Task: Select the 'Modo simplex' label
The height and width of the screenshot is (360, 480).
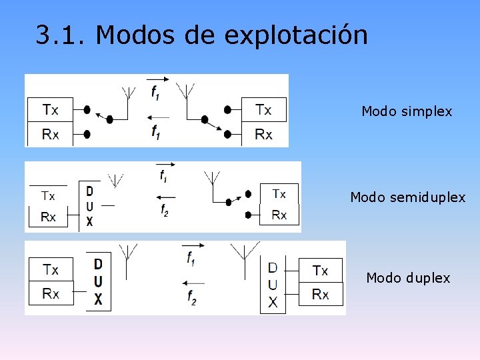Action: click(407, 111)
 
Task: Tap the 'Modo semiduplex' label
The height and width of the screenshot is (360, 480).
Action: click(407, 197)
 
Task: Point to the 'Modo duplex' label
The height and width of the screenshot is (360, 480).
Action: click(408, 277)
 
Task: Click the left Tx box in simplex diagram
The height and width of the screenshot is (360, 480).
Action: click(51, 109)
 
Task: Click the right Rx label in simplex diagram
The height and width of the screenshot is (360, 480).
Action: click(263, 135)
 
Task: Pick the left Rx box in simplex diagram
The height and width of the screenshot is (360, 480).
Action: click(51, 134)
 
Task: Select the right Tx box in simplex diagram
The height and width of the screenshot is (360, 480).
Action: click(263, 109)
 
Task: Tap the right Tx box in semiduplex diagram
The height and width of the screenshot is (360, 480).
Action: click(279, 194)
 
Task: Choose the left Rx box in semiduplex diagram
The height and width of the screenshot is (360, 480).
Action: click(49, 217)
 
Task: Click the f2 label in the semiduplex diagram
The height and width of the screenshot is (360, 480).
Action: click(165, 210)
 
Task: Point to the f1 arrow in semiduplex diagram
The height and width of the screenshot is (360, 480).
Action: click(164, 165)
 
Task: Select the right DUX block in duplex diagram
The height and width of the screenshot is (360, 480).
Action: click(273, 285)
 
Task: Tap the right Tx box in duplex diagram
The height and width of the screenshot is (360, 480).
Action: click(320, 270)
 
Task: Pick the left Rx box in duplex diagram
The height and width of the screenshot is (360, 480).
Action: click(51, 293)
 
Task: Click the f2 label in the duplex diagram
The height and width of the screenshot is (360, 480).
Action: click(192, 297)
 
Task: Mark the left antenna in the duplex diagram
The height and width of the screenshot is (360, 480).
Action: click(127, 252)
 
